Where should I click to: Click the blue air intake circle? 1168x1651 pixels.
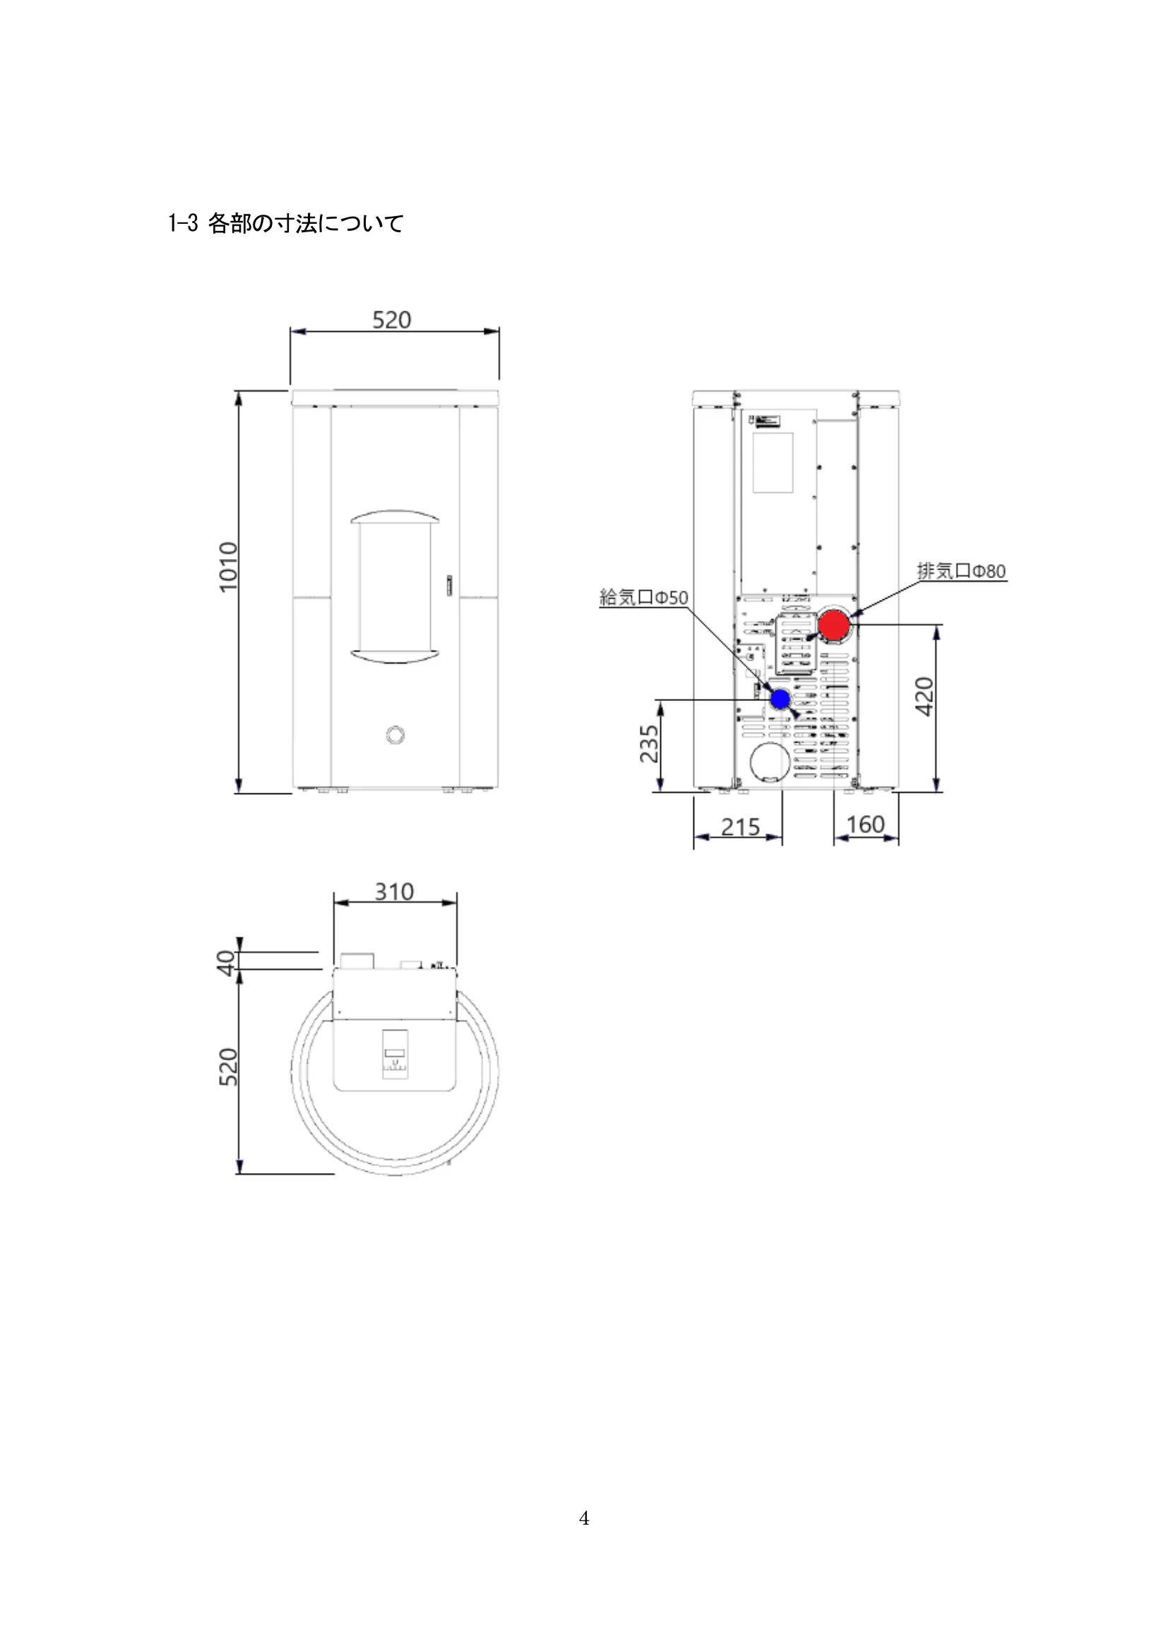coord(780,698)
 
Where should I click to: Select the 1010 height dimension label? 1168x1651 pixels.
coord(228,567)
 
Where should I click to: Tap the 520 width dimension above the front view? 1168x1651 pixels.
coord(392,319)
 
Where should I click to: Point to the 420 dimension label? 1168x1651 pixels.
coord(924,696)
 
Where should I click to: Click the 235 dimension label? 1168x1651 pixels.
coord(649,743)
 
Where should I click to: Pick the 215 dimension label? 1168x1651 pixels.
coord(741,827)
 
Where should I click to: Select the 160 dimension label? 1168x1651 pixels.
coord(865,824)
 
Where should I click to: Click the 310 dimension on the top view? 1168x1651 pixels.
coord(394,891)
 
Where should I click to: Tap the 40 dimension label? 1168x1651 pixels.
coord(227,962)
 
